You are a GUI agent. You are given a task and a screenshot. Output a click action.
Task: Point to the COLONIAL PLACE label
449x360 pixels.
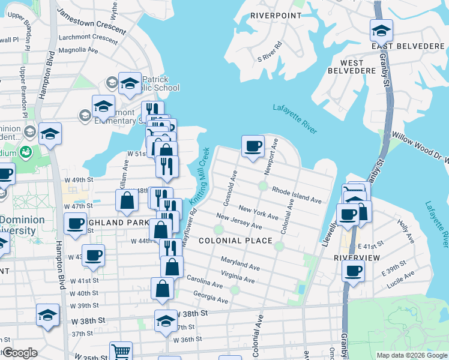[232, 241]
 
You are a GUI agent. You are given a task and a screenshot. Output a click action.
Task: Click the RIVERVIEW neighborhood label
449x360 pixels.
[357, 257]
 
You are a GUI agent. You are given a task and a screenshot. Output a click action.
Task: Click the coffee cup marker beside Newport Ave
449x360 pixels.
[253, 146]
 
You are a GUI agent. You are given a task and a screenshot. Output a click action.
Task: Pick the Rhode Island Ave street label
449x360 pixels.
[297, 194]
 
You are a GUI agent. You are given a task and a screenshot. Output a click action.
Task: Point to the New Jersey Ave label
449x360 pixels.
[238, 221]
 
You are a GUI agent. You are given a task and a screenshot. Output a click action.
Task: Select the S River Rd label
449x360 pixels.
[269, 52]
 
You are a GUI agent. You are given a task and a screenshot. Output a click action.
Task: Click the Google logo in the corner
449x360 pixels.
[19, 353]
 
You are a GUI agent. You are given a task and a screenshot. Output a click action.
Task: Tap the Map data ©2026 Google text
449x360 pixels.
[411, 355]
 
